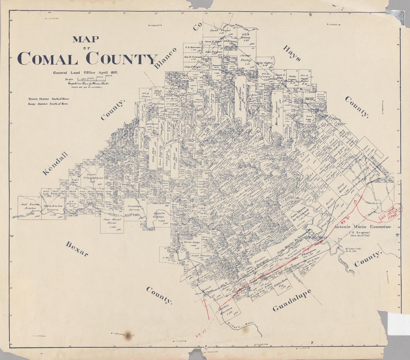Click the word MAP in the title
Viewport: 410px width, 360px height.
click(x=86, y=39)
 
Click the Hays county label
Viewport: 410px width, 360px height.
click(x=292, y=54)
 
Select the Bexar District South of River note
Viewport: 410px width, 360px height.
click(x=48, y=104)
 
